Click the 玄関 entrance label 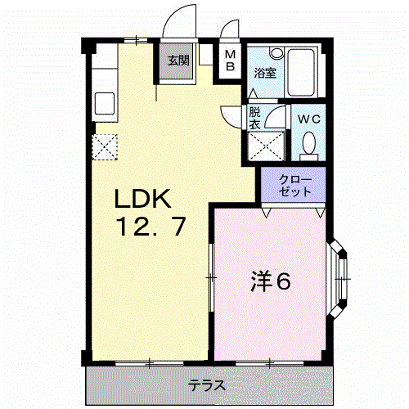click(178, 61)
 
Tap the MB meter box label click(231, 61)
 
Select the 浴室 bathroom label click(265, 73)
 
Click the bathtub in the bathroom click(301, 72)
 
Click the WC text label click(308, 119)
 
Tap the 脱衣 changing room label click(255, 118)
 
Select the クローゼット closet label click(295, 186)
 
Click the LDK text click(143, 199)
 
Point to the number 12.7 click(151, 226)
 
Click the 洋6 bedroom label click(271, 281)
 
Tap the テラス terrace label click(207, 385)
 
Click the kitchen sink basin click(105, 103)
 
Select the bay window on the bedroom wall click(337, 279)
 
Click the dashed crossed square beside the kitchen click(105, 147)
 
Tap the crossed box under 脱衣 click(266, 146)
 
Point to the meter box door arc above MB click(227, 25)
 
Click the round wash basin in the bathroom click(277, 53)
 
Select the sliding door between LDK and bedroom click(211, 277)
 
